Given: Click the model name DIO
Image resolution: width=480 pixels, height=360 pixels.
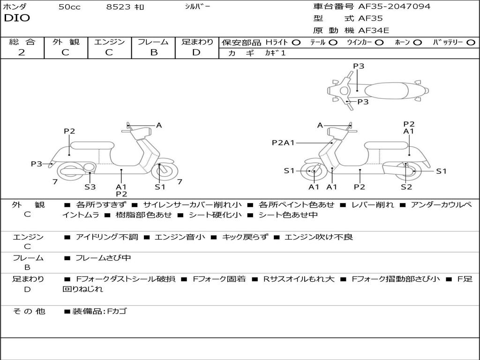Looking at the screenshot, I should coord(17,18).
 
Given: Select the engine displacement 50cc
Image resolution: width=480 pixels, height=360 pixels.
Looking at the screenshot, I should coord(69,7).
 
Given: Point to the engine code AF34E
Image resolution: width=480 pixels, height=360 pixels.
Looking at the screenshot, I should coord(374,31).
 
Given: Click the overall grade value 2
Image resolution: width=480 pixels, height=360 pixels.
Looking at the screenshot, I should coord(22,52).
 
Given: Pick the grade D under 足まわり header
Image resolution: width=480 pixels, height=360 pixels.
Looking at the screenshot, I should coord(196,52).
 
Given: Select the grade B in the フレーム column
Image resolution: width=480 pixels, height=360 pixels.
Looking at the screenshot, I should coord(153,52).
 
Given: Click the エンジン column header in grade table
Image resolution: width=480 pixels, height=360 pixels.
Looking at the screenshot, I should coord(109,42).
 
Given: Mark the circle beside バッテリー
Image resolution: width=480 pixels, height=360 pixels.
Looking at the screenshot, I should coord(471,43).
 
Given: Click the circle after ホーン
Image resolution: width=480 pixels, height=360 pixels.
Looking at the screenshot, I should coord(418,43).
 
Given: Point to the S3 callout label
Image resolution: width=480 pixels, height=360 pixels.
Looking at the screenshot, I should coord(90,187).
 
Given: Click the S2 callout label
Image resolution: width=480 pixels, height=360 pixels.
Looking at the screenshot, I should coord(406,187).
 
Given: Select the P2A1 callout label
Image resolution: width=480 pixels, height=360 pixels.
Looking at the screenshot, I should coord(283,142).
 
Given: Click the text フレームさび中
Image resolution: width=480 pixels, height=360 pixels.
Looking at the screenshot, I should coord(103,258).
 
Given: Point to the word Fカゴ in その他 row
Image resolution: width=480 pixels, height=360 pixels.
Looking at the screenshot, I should coord(117,311).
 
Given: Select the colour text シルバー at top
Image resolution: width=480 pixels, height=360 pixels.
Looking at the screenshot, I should coord(197,7).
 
